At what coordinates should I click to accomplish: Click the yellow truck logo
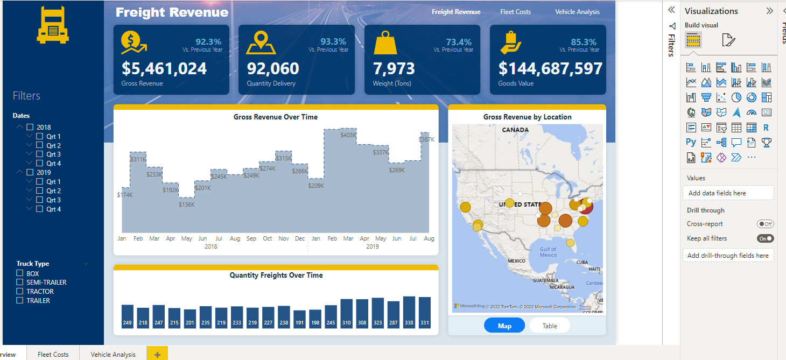53,25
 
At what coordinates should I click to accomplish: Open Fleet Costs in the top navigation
515,12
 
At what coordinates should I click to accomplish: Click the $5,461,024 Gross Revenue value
164,69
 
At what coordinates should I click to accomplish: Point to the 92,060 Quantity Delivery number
273,69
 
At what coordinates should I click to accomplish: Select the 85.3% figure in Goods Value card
584,42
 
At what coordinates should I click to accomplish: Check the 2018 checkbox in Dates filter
31,128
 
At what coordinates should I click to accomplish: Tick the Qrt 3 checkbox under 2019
40,200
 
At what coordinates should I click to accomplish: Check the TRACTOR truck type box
20,292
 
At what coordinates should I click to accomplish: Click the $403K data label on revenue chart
348,135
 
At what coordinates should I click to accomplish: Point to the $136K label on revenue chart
187,204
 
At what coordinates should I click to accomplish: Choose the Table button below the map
549,326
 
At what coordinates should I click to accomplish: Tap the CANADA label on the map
515,130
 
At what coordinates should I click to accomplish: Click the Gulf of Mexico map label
548,252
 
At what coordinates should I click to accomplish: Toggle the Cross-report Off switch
765,224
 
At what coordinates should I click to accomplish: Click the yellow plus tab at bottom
157,354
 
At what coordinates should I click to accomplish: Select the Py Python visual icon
691,143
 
